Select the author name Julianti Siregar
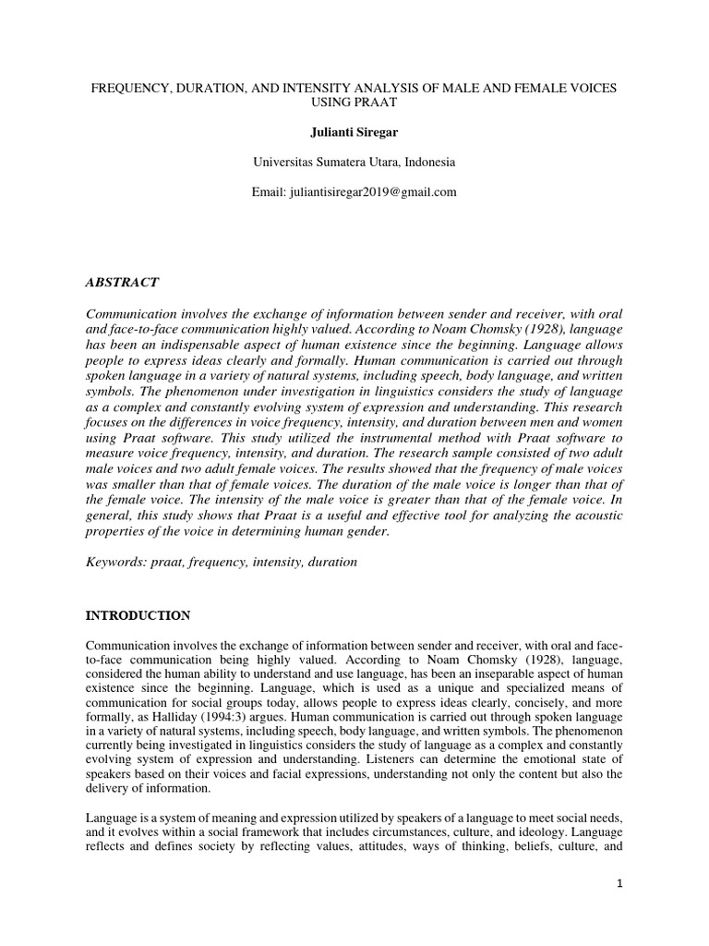pos(354,131)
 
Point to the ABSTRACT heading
pos(122,282)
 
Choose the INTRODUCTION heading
pos(138,615)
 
